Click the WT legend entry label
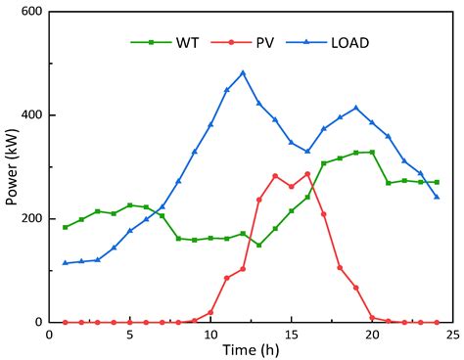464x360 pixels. [x=188, y=42]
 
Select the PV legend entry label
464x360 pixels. [x=265, y=42]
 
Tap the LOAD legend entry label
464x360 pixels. [x=349, y=42]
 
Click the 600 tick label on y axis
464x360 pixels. [x=31, y=12]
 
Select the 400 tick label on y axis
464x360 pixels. [x=31, y=115]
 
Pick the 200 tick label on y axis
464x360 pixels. [x=31, y=218]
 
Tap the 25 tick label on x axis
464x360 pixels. [x=451, y=333]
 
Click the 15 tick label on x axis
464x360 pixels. [x=291, y=333]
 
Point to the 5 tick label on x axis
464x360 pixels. [x=130, y=333]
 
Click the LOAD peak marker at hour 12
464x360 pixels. [x=243, y=72]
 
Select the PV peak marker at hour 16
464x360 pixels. [x=307, y=174]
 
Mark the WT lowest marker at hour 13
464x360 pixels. [x=258, y=245]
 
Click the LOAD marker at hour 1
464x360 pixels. [x=66, y=262]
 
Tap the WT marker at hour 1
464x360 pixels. [x=66, y=227]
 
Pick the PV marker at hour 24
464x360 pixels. [x=436, y=322]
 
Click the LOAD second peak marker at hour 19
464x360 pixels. [x=355, y=108]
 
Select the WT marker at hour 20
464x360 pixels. [x=371, y=152]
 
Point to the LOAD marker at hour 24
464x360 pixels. [x=436, y=197]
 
